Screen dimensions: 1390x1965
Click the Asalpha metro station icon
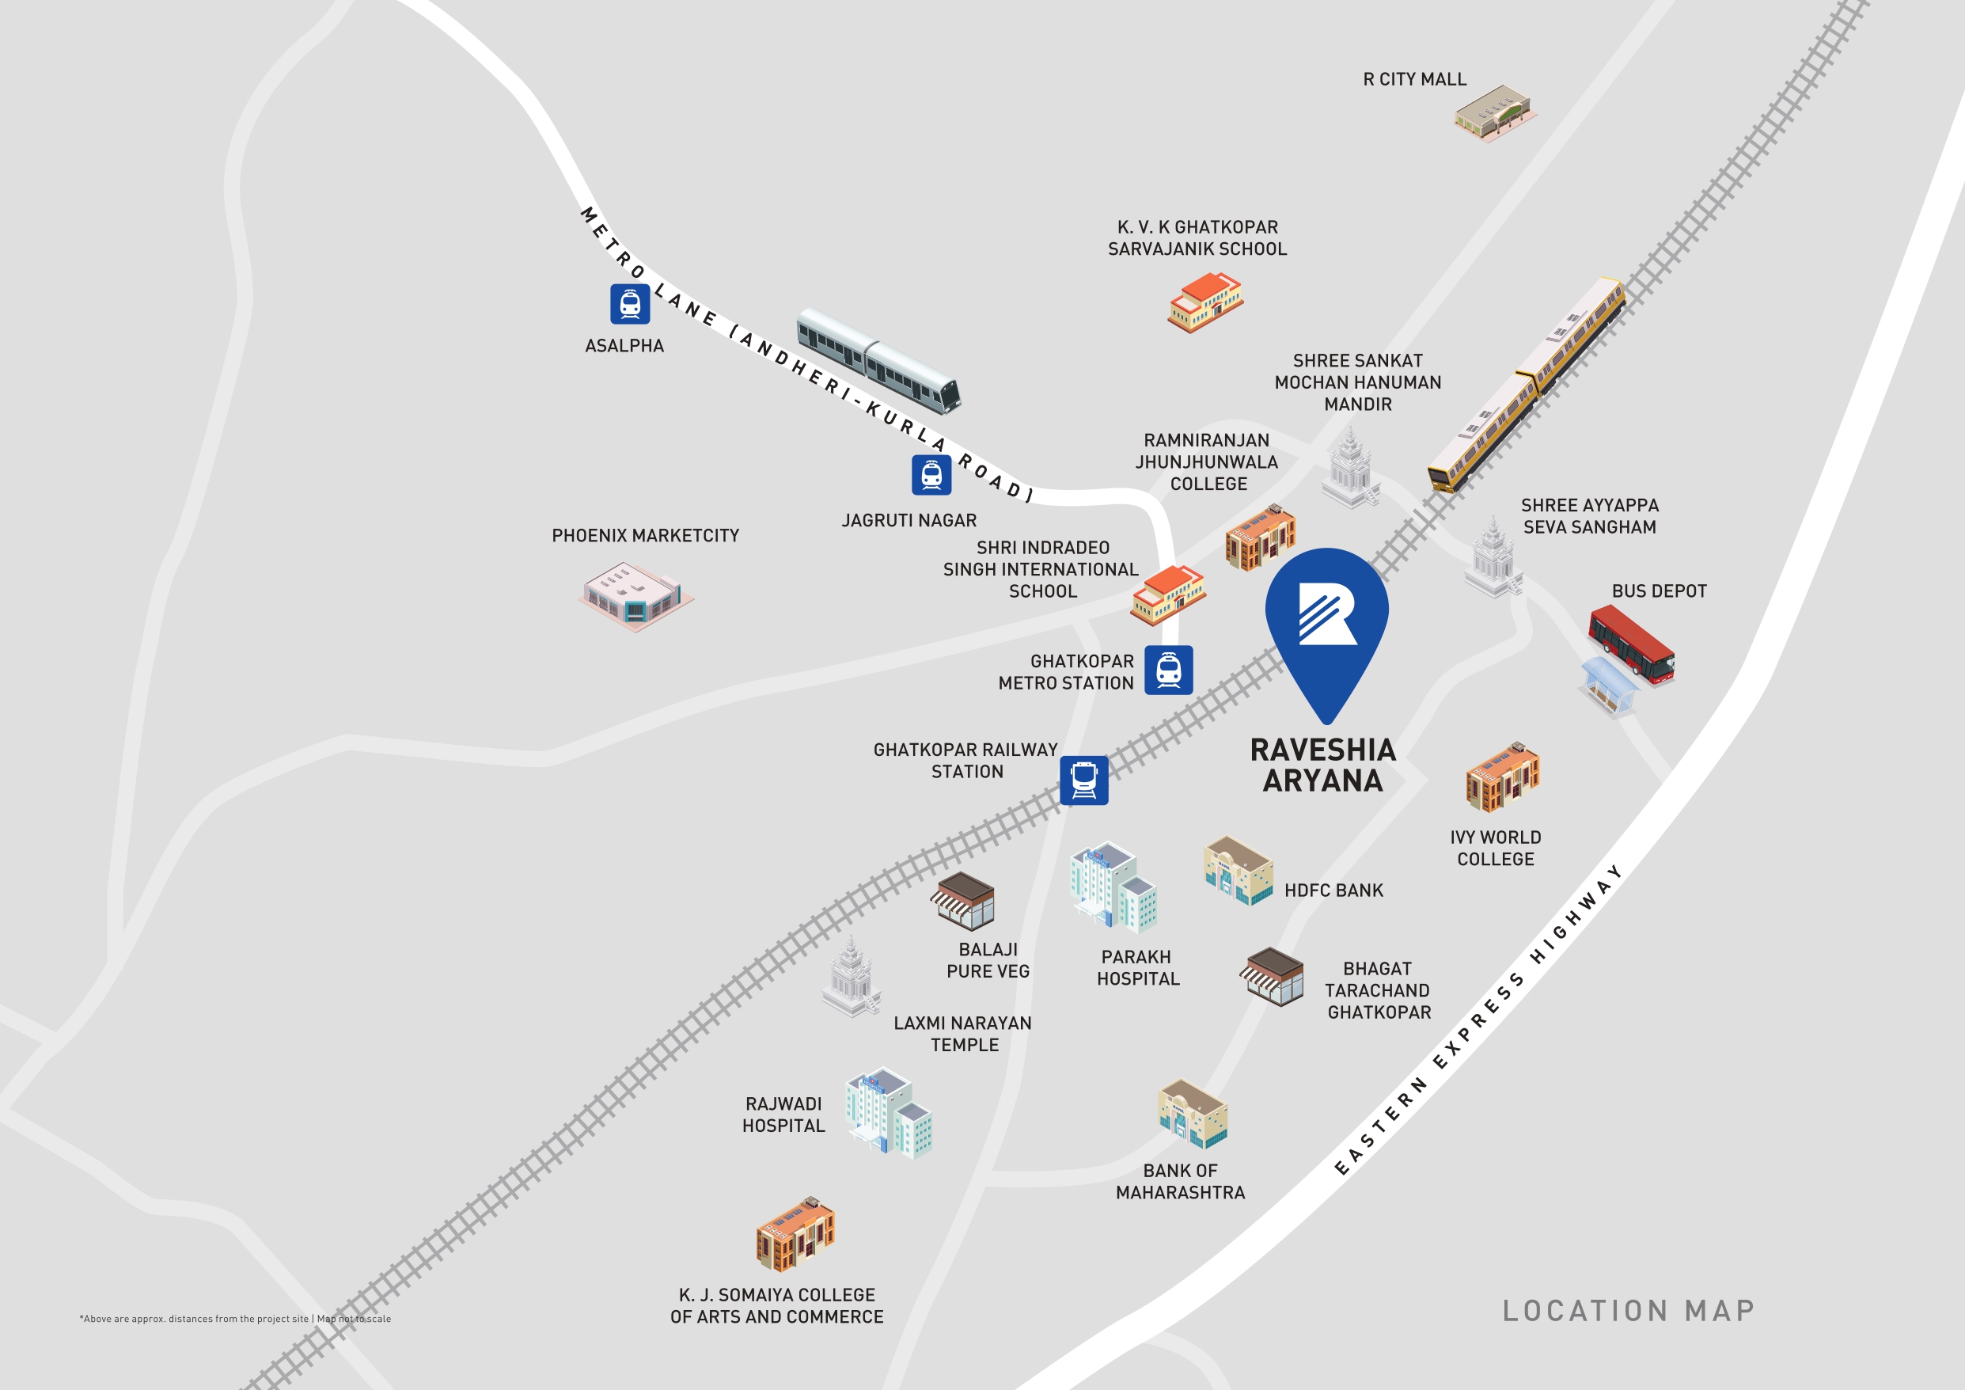[x=630, y=304]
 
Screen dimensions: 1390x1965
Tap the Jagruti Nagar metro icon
[x=931, y=474]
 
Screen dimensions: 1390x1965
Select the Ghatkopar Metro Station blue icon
[x=1168, y=670]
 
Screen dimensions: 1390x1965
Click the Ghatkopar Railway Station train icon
[x=1083, y=780]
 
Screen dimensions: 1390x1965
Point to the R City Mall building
[x=1493, y=112]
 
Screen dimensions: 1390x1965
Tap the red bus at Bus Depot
[x=1630, y=644]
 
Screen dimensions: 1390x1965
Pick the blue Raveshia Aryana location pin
[x=1326, y=625]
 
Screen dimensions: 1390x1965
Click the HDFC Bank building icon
[x=1238, y=870]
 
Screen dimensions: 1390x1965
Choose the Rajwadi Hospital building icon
[x=889, y=1112]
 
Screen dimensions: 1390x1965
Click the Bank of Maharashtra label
[x=1180, y=1181]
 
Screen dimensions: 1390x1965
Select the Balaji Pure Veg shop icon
[x=965, y=902]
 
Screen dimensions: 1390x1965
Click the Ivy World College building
[x=1502, y=777]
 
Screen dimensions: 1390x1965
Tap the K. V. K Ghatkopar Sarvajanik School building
[x=1205, y=302]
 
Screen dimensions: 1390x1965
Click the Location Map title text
[x=1629, y=1310]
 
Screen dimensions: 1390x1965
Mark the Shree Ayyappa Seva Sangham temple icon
[x=1493, y=557]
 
